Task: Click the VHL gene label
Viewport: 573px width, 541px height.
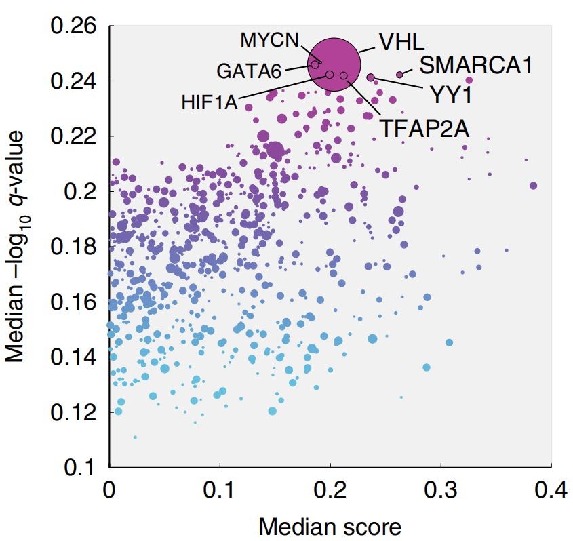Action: point(401,41)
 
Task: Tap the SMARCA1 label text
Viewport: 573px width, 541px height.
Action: point(475,66)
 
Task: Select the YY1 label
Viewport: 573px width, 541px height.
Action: point(449,95)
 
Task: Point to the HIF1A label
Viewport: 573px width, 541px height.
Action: point(210,104)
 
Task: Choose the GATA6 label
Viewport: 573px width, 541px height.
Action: point(249,71)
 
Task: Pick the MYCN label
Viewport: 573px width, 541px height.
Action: point(269,39)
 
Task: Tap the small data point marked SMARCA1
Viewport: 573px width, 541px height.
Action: point(400,75)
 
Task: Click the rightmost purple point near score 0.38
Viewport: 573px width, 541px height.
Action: point(533,186)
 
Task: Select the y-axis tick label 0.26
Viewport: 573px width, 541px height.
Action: point(73,27)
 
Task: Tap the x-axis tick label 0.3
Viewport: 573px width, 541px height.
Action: point(441,490)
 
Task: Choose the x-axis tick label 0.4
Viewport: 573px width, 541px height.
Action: point(550,490)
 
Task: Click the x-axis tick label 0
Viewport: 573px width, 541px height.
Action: point(109,490)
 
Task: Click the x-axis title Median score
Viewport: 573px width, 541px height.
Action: point(330,525)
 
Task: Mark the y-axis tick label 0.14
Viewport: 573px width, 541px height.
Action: point(73,357)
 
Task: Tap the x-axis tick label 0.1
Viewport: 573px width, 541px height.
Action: point(220,490)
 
